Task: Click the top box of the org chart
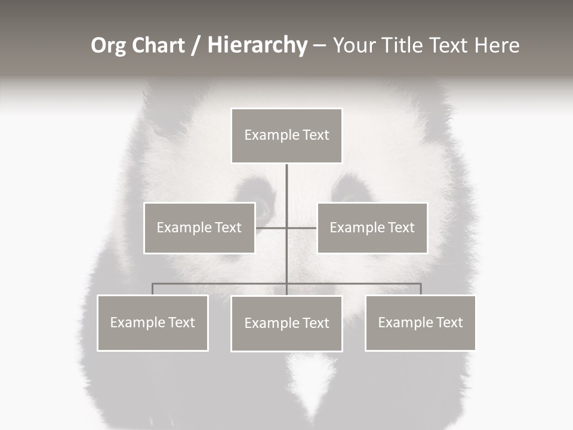286,136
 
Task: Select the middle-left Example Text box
199,228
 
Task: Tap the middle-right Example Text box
372,228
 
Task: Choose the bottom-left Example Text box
153,322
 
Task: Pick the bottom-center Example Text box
286,323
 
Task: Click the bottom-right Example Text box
420,322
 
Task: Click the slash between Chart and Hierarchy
195,45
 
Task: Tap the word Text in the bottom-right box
449,322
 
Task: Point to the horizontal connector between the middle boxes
272,228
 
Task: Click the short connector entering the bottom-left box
153,289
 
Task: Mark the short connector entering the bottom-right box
420,289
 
